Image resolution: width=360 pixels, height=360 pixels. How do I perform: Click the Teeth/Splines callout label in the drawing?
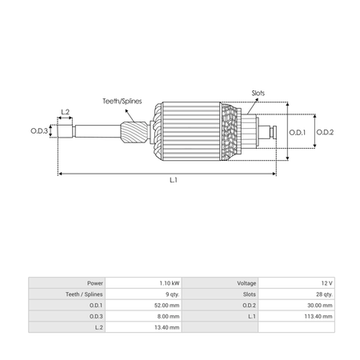pos(122,102)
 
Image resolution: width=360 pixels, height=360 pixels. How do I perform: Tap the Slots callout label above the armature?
pos(258,93)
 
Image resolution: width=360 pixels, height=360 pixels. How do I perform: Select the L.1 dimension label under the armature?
pos(174,180)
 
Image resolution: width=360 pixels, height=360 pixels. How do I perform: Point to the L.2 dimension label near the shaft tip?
pos(66,112)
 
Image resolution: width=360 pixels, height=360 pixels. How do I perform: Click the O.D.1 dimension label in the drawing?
pos(298,133)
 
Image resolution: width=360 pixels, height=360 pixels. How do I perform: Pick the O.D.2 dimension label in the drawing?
pos(325,132)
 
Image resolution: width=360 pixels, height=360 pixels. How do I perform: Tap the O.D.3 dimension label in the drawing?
pos(39,131)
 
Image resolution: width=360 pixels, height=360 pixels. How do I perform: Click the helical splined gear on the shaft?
pos(134,133)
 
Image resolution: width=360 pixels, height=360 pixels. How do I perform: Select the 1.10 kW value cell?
pos(170,283)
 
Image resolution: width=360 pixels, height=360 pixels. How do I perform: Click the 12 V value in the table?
pos(327,283)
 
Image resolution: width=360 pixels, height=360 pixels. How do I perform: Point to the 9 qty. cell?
pos(173,294)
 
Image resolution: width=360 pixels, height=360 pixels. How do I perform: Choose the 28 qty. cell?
pos(324,294)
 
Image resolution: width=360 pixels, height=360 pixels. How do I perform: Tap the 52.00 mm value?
pos(167,306)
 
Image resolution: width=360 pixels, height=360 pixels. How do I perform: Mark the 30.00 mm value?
pos(320,306)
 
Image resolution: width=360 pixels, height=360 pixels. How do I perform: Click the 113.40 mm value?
pos(318,317)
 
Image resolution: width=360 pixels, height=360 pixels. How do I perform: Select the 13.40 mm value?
pos(167,327)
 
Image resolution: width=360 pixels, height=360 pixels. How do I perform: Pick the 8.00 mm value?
pos(168,317)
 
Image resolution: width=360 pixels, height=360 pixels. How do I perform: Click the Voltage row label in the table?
pos(246,283)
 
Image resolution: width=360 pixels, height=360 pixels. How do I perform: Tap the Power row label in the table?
pos(95,283)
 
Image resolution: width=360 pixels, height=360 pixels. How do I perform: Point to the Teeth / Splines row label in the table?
pos(84,294)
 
